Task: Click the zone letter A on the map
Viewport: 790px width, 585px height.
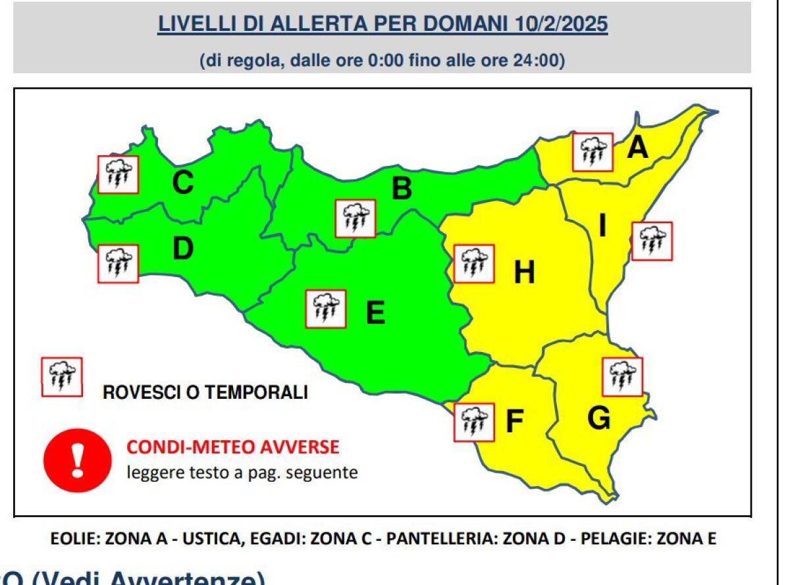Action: point(637,149)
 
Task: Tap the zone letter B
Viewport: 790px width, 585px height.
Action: point(402,190)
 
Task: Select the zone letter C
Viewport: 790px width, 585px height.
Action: point(182,183)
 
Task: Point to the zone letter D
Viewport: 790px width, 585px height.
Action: point(183,249)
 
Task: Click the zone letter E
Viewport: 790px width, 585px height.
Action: point(375,313)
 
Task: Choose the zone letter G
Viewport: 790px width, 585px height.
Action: point(598,419)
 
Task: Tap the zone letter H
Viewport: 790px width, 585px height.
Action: point(524,272)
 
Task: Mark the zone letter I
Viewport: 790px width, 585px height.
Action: point(602,226)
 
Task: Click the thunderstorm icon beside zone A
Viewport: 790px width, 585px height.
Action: point(592,153)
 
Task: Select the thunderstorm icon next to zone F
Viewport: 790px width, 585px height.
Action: point(474,422)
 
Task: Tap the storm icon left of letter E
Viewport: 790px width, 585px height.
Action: point(326,309)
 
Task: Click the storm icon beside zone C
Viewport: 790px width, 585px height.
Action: point(118,174)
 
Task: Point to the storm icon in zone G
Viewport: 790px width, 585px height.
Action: point(623,377)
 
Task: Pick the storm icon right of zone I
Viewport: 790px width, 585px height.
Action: point(652,242)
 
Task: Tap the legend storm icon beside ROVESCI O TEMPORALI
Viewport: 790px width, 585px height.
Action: point(62,377)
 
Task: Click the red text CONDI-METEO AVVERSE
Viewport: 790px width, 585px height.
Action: point(232,448)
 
